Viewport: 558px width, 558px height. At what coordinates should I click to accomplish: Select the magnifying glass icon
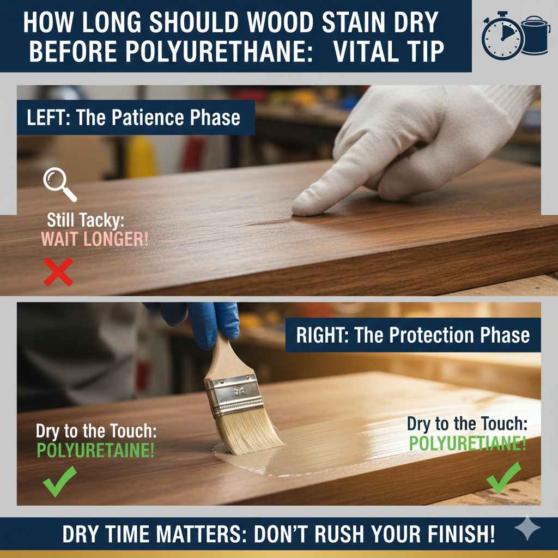[59, 183]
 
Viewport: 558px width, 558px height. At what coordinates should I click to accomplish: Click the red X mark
[58, 272]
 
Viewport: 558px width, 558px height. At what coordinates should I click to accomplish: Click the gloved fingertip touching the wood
[301, 207]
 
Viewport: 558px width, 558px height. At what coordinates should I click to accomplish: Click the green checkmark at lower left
[59, 482]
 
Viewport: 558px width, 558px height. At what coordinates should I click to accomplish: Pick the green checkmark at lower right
[504, 478]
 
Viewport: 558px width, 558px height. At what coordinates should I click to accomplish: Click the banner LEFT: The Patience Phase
[134, 118]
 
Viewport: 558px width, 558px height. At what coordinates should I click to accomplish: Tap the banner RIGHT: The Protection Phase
[413, 335]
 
